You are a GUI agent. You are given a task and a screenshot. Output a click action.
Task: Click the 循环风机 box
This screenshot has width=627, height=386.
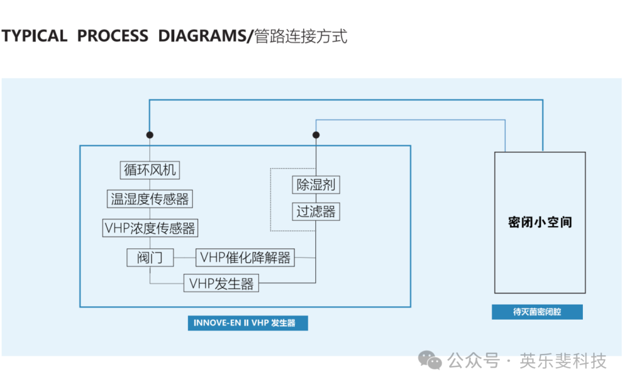pyautogui.click(x=150, y=170)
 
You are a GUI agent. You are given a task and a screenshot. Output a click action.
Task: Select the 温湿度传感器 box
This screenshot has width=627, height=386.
pyautogui.click(x=150, y=199)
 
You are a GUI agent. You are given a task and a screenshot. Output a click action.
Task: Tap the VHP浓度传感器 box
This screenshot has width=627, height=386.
pyautogui.click(x=150, y=228)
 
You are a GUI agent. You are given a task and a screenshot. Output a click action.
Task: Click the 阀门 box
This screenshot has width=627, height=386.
pyautogui.click(x=150, y=257)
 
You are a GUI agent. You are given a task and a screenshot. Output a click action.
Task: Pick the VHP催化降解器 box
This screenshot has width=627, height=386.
pyautogui.click(x=245, y=257)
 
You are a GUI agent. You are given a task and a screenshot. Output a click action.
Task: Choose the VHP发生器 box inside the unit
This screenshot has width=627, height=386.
pyautogui.click(x=221, y=284)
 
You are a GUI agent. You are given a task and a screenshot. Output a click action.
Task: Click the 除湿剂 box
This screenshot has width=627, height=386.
pyautogui.click(x=316, y=185)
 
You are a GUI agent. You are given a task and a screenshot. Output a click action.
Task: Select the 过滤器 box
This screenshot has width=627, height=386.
pyautogui.click(x=316, y=212)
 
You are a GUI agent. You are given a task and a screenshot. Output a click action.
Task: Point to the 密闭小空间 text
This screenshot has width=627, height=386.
pyautogui.click(x=540, y=222)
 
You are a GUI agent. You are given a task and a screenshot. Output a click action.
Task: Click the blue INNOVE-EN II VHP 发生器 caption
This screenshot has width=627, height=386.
pyautogui.click(x=247, y=323)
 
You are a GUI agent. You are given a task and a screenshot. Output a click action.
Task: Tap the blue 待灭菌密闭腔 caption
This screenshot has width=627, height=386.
pyautogui.click(x=537, y=312)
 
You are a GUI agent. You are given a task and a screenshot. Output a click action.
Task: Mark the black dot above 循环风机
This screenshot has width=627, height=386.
pyautogui.click(x=150, y=135)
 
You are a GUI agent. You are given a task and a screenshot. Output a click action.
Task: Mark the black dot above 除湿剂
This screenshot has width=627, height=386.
pyautogui.click(x=316, y=135)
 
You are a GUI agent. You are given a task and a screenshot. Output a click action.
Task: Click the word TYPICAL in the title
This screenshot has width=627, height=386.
pyautogui.click(x=34, y=36)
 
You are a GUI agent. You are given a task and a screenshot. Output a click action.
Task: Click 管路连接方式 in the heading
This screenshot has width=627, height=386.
pyautogui.click(x=301, y=36)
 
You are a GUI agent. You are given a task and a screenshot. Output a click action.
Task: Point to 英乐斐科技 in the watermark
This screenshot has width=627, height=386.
pyautogui.click(x=563, y=361)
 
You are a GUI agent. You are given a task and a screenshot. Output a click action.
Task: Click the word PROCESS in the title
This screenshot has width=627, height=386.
pyautogui.click(x=113, y=36)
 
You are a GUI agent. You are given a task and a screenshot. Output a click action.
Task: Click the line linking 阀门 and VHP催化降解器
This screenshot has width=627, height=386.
pyautogui.click(x=185, y=257)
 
